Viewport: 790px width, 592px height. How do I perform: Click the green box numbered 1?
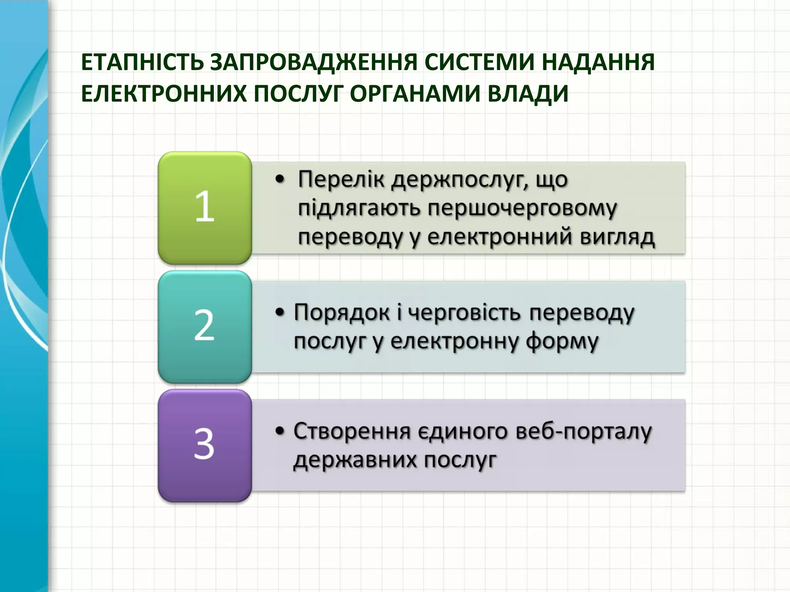(205, 208)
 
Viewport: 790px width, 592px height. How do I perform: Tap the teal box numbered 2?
(205, 327)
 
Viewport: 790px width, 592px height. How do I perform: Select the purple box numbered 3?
(205, 446)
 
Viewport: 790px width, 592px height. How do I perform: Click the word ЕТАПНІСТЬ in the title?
(142, 62)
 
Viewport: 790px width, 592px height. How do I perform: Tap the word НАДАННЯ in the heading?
(598, 62)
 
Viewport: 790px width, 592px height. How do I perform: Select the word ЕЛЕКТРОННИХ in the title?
(164, 94)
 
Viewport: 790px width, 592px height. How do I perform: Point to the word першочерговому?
(522, 209)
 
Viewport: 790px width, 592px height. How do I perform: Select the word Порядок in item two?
(341, 313)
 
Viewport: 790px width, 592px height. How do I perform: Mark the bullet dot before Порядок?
(280, 312)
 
